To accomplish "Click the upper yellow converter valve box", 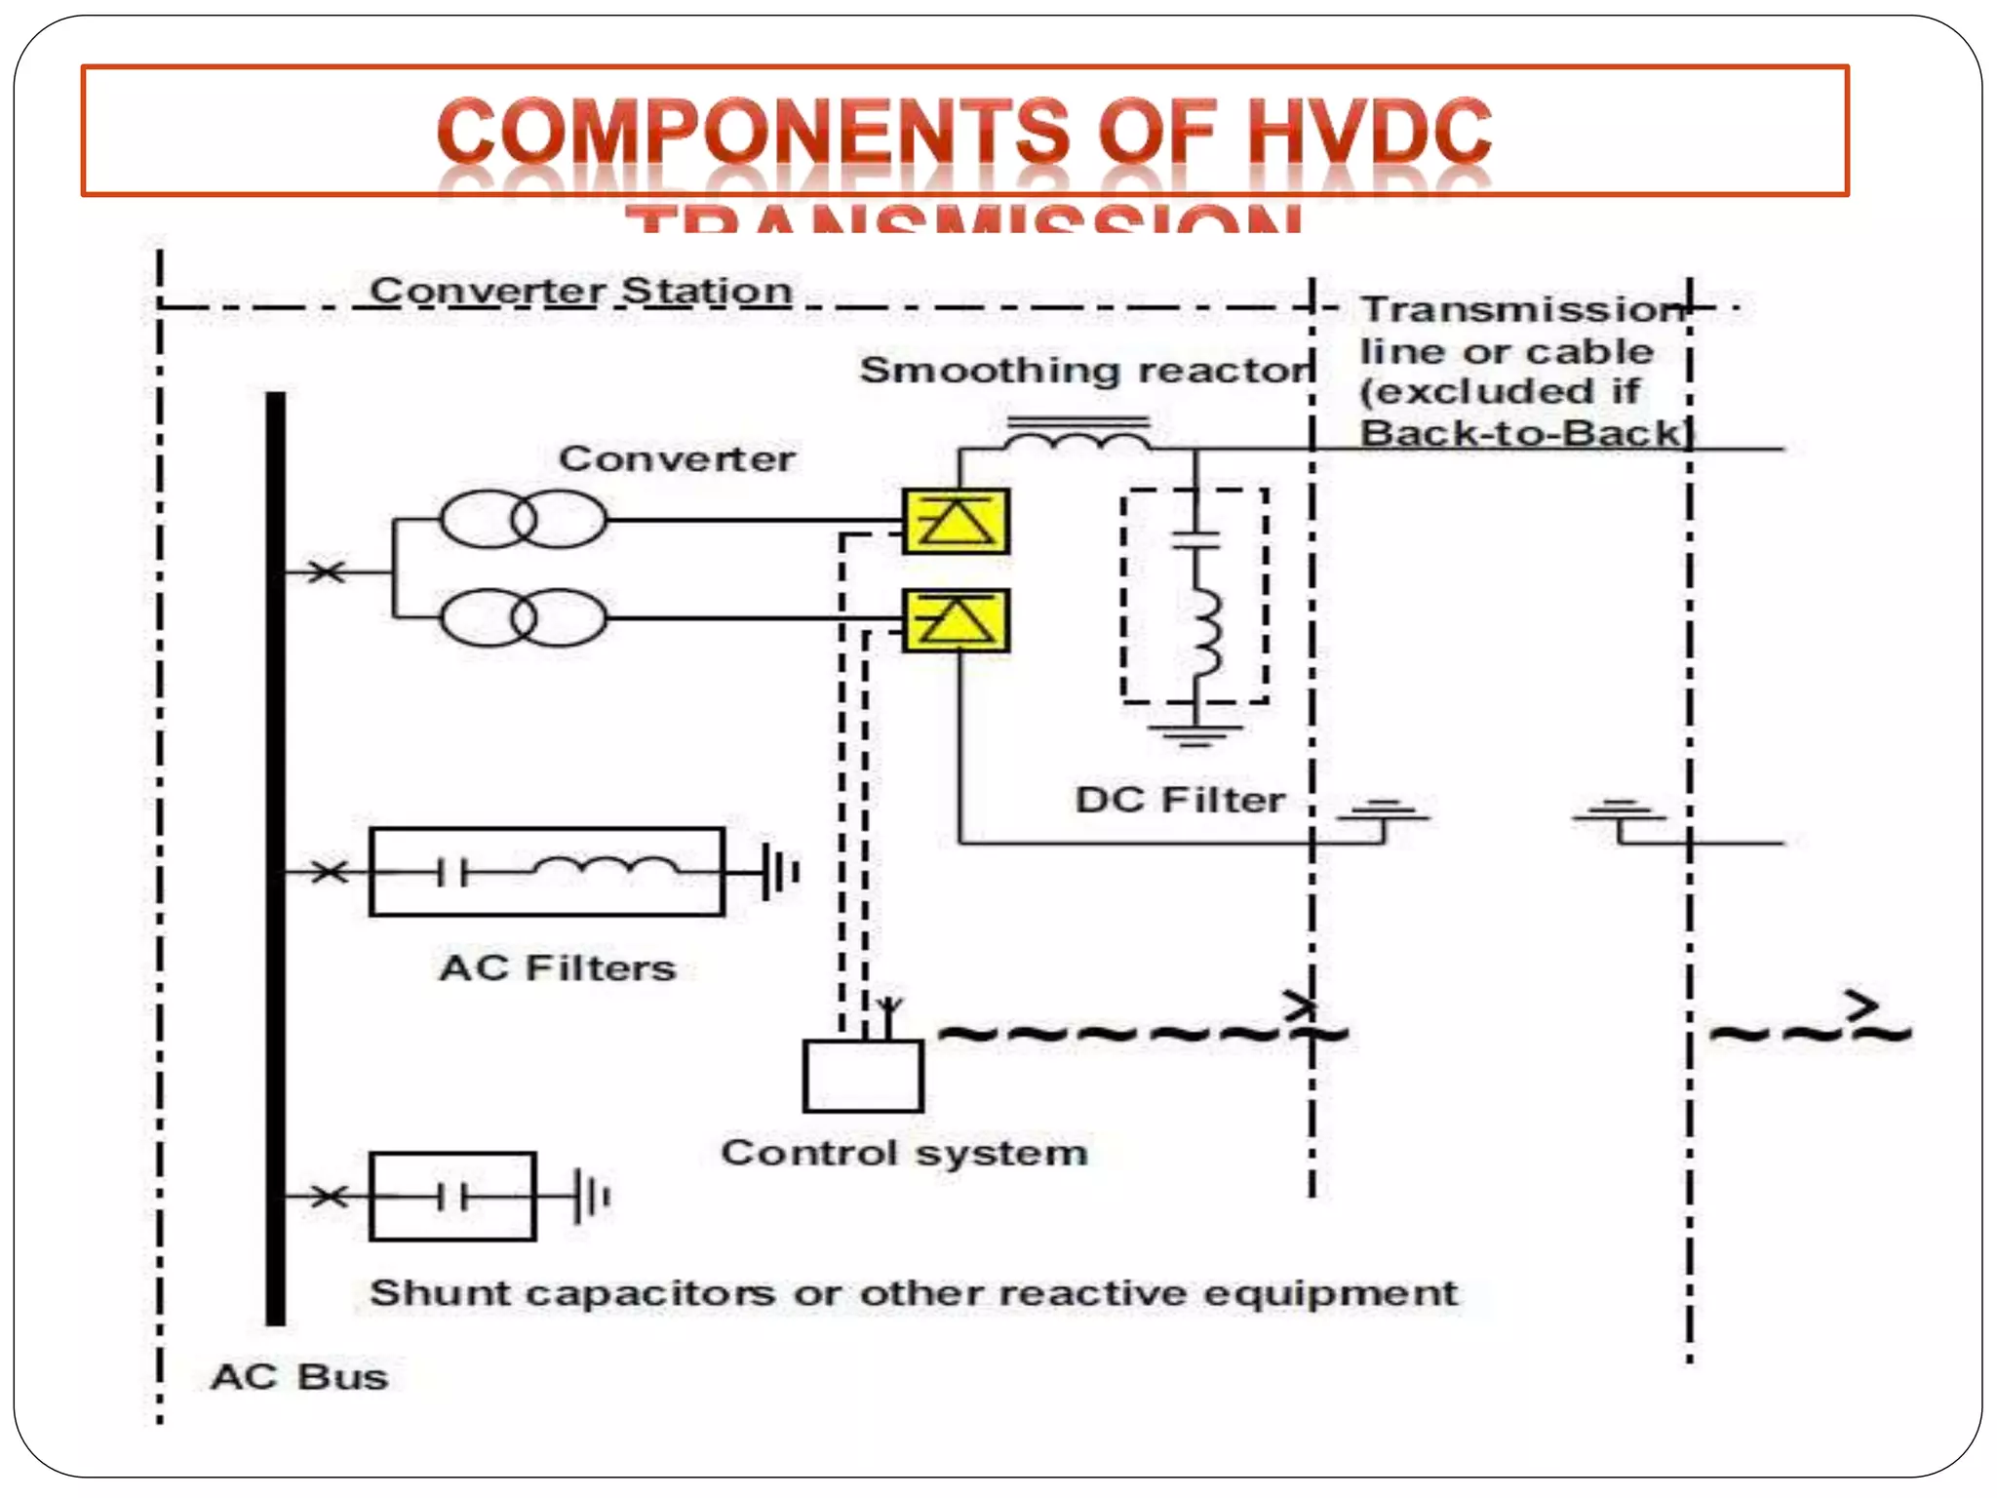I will (956, 522).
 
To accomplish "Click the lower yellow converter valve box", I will (956, 621).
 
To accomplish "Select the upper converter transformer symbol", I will (523, 520).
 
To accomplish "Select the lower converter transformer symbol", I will (523, 617).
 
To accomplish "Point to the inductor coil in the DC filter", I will (1205, 634).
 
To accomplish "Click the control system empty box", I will (863, 1077).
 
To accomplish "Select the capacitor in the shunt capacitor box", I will (451, 1197).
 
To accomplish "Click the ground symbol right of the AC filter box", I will (778, 871).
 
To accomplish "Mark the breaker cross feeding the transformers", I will (327, 572).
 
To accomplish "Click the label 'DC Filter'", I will (1180, 800).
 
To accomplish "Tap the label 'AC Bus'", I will (299, 1377).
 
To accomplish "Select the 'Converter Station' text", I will (581, 291).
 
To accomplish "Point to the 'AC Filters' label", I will (558, 967).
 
